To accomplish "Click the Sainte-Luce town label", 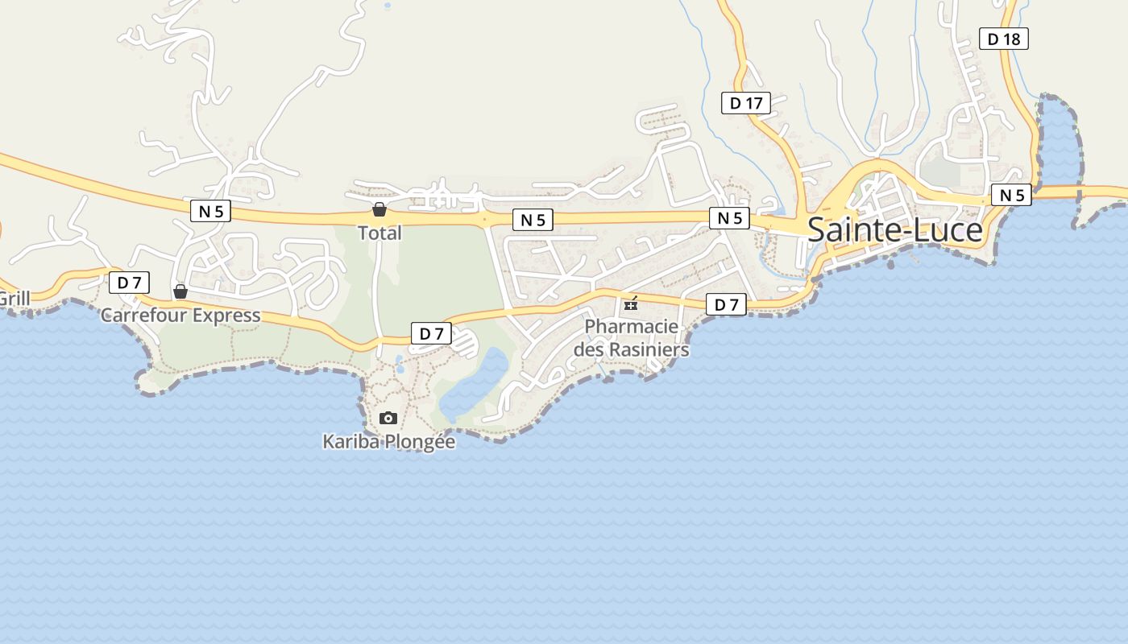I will point(894,230).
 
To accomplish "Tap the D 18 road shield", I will point(1004,39).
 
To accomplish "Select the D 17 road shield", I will point(745,103).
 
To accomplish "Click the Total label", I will point(379,233).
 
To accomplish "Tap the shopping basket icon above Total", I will point(379,210).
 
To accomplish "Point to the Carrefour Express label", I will point(180,315).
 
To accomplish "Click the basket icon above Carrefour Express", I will point(180,291).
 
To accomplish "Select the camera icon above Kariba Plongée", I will point(388,419).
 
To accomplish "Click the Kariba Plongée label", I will point(388,442).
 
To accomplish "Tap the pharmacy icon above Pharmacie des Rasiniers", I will point(631,303).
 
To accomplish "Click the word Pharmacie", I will point(632,327).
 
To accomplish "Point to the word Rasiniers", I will point(649,350).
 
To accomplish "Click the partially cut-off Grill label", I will point(14,299).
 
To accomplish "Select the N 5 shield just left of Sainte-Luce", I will point(729,218).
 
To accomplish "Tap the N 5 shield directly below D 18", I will point(1011,195).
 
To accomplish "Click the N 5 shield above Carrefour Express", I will point(211,212).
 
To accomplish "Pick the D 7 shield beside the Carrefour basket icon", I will point(129,283).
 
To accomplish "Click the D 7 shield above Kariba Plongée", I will point(431,333).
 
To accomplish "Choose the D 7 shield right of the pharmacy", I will point(726,304).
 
